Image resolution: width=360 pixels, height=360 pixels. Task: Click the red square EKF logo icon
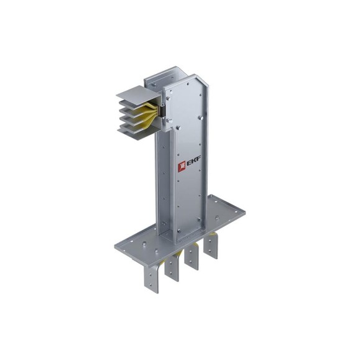pyautogui.click(x=182, y=166)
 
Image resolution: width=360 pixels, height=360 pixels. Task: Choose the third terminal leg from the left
pyautogui.click(x=192, y=257)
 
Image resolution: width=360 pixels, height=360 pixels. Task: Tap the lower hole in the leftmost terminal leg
pyautogui.click(x=150, y=285)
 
